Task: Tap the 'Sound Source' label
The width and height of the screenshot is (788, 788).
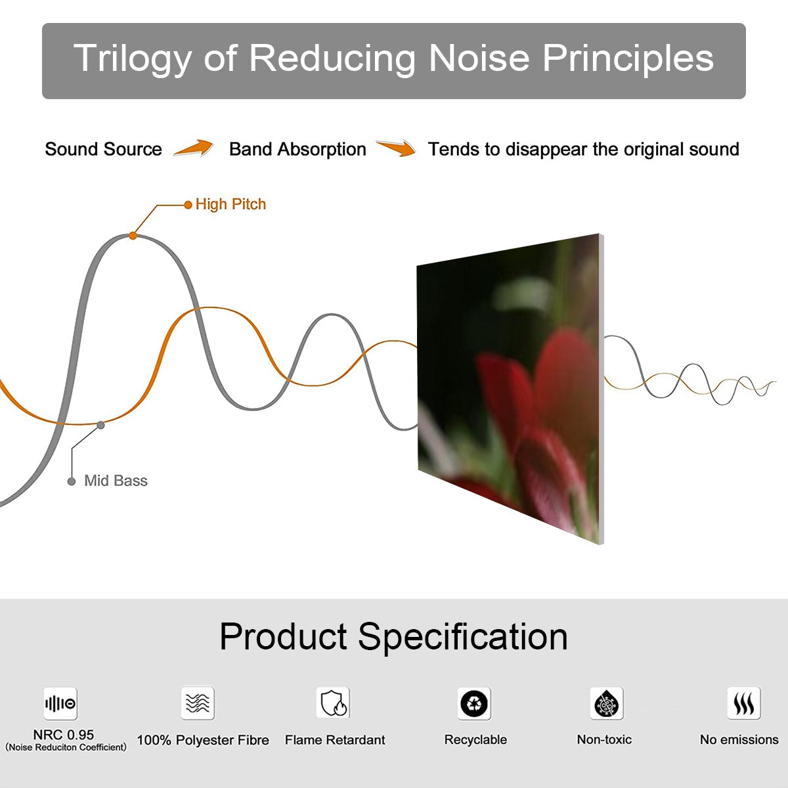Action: pos(104,149)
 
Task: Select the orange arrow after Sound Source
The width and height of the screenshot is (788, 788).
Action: pos(194,148)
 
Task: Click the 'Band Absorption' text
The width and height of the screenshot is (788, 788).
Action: pos(297,149)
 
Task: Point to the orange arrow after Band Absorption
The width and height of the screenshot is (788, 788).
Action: pos(396,148)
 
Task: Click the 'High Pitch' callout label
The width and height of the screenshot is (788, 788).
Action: pos(230,204)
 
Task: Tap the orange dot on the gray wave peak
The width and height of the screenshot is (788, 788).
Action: pos(133,236)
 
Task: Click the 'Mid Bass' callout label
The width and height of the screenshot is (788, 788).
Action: pos(116,481)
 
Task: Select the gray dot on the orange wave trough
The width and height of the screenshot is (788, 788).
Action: pos(100,426)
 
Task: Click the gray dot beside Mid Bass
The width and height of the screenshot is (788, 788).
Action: pos(72,482)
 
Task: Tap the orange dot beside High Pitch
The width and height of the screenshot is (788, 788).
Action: pos(188,205)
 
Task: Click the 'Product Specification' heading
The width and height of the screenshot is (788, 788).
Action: pos(393,636)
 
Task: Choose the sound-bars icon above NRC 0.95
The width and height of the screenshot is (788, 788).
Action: pos(60,703)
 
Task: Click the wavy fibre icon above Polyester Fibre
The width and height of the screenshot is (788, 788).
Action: pos(198,703)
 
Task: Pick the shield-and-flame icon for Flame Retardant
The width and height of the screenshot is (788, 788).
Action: pos(334,703)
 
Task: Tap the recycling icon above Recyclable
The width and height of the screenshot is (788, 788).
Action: pos(474,703)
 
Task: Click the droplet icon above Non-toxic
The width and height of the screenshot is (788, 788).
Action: pos(607,703)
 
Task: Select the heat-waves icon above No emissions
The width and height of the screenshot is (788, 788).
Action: pos(744,703)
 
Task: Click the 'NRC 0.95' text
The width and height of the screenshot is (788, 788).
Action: pos(64,735)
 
